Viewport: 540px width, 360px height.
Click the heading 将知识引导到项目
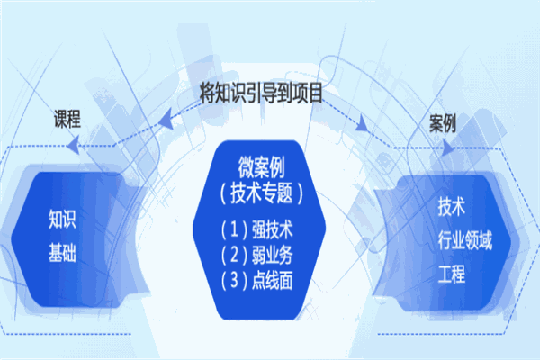(261, 93)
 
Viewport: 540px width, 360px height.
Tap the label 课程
(67, 119)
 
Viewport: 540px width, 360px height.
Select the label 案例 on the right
(443, 123)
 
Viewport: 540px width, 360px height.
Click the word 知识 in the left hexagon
(62, 219)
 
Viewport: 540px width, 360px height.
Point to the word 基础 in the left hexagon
(62, 252)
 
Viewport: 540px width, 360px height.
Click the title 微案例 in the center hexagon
(261, 167)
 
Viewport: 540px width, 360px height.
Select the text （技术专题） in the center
(261, 193)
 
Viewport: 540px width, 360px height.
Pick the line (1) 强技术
(256, 229)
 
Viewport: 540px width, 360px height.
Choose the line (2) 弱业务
(256, 255)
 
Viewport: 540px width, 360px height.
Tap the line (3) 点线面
(256, 280)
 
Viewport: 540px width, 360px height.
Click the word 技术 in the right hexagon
(452, 207)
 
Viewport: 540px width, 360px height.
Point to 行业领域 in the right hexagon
(465, 240)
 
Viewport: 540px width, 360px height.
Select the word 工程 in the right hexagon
(452, 274)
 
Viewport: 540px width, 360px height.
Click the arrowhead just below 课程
(73, 145)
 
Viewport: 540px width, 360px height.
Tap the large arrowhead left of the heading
(166, 119)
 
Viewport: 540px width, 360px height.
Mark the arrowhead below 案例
(447, 148)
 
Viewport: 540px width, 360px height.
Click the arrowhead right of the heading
(362, 123)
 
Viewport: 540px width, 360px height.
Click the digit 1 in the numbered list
(234, 229)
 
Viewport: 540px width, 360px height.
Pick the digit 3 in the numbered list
(234, 280)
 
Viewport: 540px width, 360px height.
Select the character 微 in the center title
(247, 167)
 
